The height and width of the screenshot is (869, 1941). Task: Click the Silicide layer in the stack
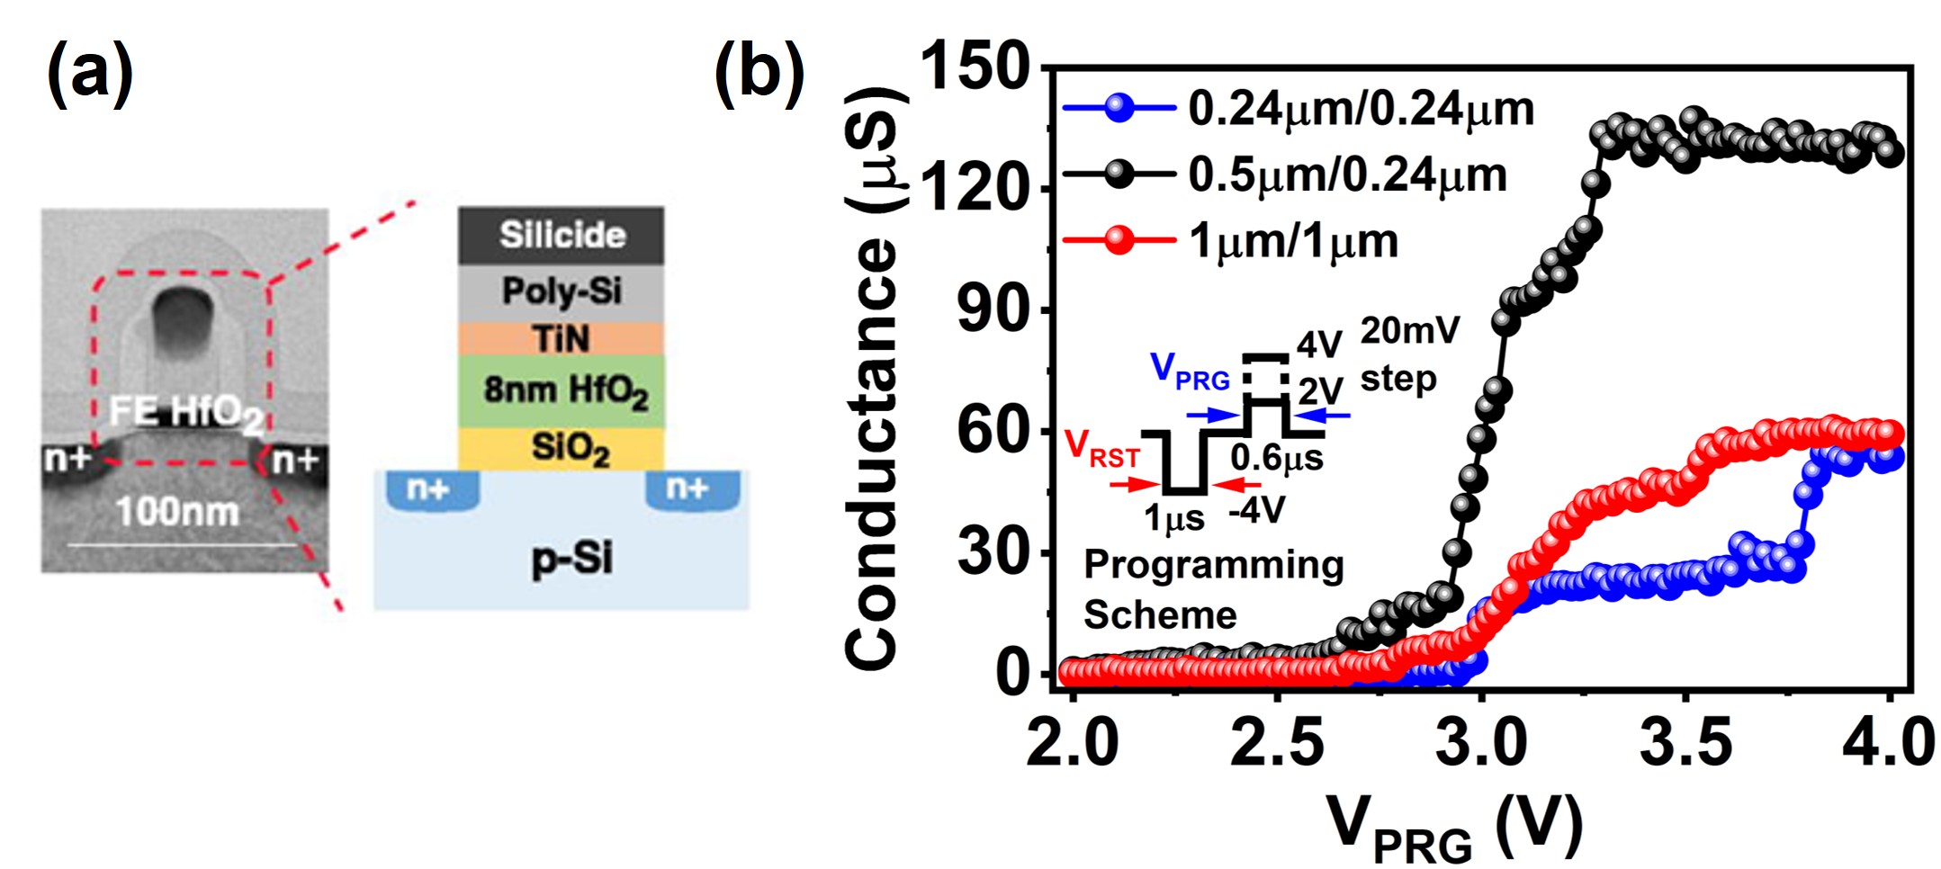(x=562, y=235)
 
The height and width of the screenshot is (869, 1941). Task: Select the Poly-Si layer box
(x=562, y=291)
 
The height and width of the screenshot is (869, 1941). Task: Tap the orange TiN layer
(x=562, y=338)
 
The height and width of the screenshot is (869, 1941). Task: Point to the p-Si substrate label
(x=572, y=558)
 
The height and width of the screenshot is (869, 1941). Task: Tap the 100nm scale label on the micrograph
(x=178, y=512)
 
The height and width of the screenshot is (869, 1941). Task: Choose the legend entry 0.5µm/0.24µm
(x=1347, y=175)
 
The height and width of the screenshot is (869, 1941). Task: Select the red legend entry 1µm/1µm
(x=1293, y=241)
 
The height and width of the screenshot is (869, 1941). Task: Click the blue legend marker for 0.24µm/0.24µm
(x=1119, y=108)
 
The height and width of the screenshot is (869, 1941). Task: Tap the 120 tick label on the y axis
(x=975, y=189)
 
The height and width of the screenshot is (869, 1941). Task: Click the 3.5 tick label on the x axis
(x=1685, y=743)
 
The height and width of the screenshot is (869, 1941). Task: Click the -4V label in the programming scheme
(x=1257, y=511)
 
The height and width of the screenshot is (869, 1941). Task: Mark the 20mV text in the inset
(x=1409, y=331)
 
